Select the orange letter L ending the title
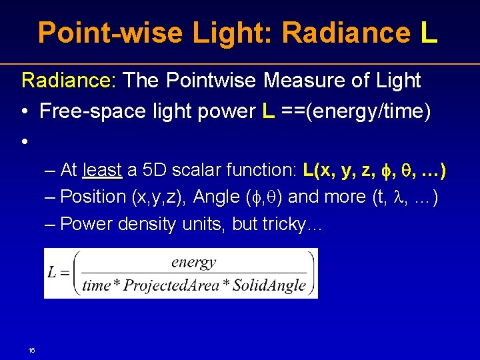pos(429,32)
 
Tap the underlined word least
pos(102,170)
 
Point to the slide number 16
pos(31,350)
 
